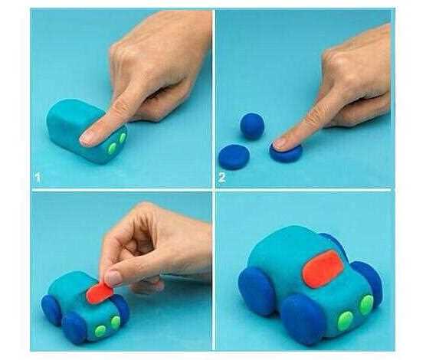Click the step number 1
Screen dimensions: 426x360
click(38, 178)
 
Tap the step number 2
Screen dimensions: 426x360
click(221, 178)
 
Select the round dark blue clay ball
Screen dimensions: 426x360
click(252, 126)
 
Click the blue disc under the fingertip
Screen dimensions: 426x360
click(286, 153)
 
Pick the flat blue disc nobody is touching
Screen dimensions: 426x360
click(234, 157)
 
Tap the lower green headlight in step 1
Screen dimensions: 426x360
click(112, 148)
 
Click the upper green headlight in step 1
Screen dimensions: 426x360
click(123, 138)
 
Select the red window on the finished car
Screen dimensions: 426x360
click(323, 268)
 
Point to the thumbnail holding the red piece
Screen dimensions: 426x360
click(113, 278)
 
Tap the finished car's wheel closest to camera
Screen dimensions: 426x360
click(303, 319)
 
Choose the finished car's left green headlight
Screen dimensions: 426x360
click(345, 321)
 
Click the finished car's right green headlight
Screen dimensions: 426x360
click(366, 305)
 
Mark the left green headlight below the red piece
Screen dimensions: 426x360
click(100, 331)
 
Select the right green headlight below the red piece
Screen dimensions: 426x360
click(116, 322)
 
